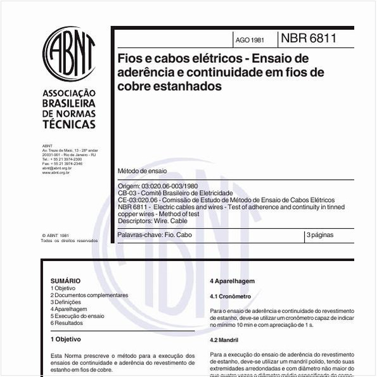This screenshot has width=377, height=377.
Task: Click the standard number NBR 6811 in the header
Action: [309, 38]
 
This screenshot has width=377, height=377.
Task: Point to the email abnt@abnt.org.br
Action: [56, 168]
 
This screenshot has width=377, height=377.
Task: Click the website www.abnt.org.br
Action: [56, 172]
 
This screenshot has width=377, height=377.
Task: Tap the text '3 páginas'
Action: [320, 235]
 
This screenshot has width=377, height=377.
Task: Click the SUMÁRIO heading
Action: [65, 281]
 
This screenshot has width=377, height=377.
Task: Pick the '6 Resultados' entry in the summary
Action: [67, 323]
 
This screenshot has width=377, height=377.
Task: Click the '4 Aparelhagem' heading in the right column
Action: [232, 281]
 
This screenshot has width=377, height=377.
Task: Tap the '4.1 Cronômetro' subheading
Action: [231, 296]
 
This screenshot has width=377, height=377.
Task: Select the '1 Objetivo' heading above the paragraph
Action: [65, 339]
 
